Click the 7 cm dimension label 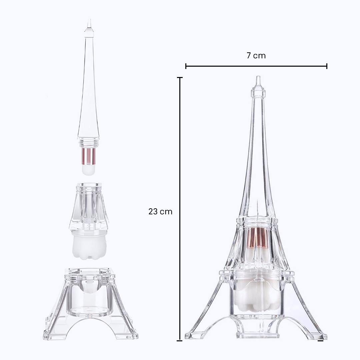(x=256, y=56)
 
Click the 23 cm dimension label (x=160, y=211)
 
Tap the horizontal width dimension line (x=256, y=66)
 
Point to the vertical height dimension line (x=180, y=209)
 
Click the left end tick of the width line (x=186, y=66)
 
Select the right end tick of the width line (x=327, y=66)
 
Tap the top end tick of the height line (x=180, y=78)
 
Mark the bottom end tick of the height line (x=180, y=340)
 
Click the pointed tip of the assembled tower (x=258, y=76)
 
